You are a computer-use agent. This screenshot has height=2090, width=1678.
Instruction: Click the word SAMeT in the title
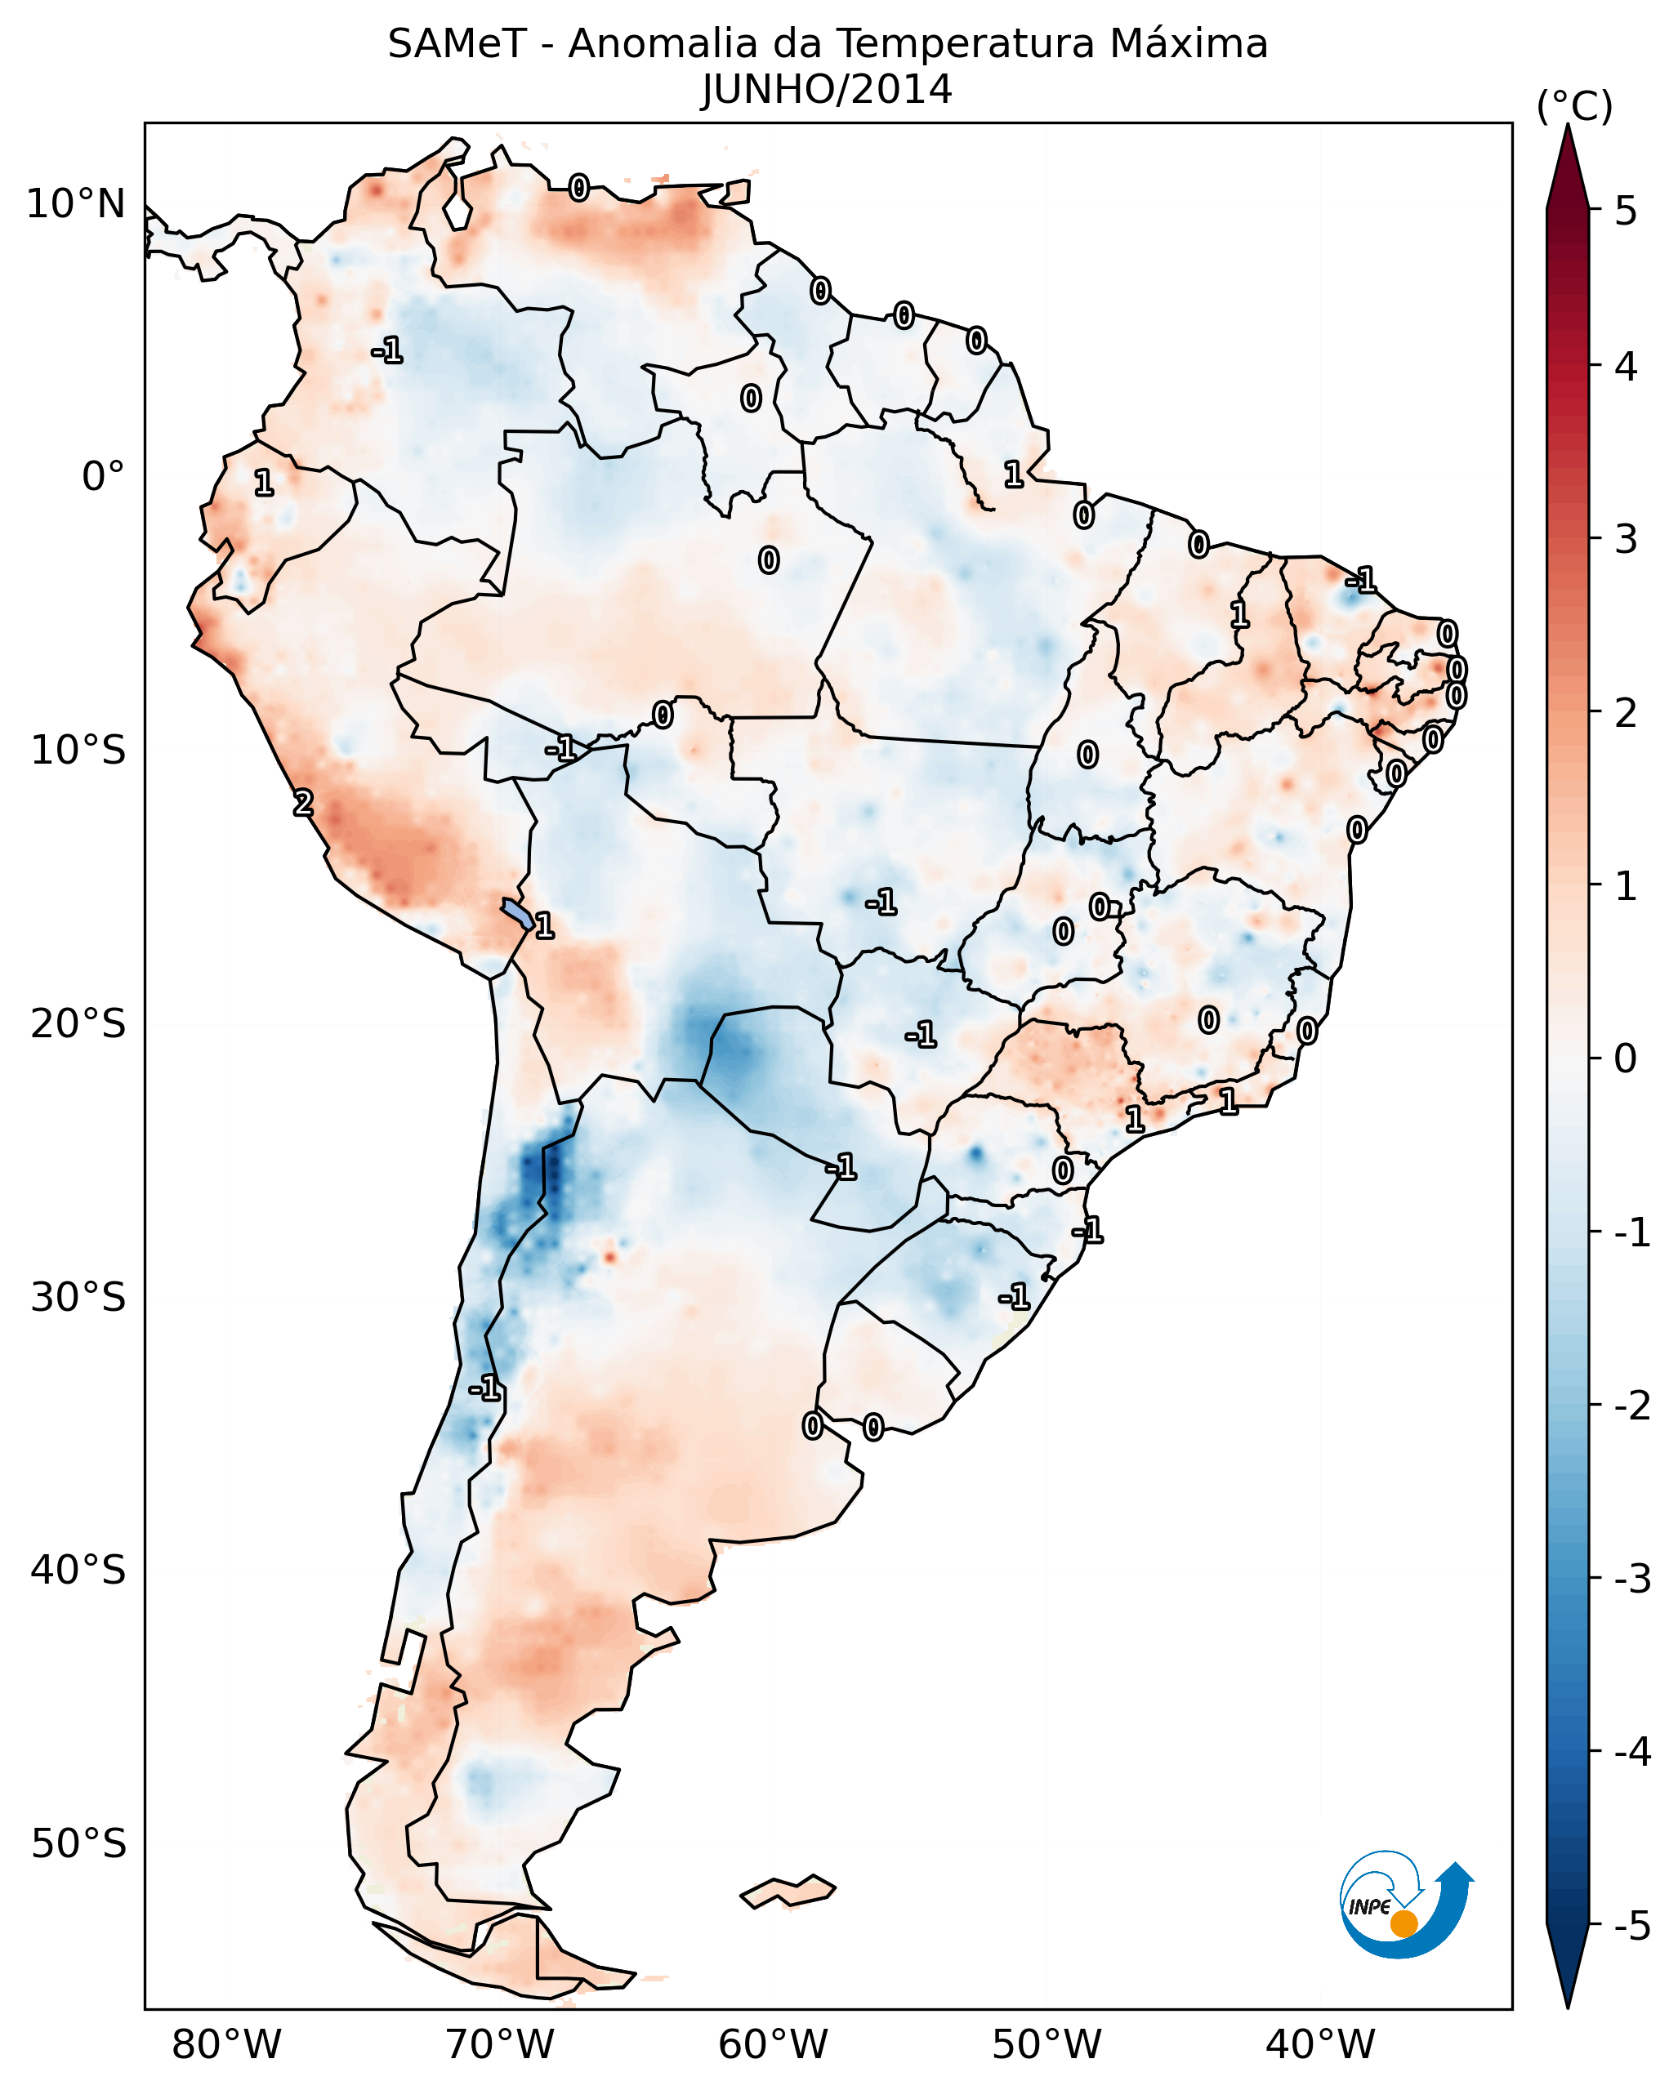(x=457, y=45)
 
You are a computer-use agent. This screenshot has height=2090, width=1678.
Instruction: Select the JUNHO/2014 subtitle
(x=827, y=90)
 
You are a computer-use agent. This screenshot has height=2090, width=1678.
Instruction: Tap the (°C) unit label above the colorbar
(x=1574, y=107)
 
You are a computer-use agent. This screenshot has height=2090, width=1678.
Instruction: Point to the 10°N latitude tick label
(x=76, y=204)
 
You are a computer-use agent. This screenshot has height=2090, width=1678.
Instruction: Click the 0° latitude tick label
(x=103, y=477)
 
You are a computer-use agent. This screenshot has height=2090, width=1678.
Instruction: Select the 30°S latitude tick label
(x=78, y=1297)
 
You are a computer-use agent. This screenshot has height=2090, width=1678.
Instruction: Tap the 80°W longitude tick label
(x=225, y=2044)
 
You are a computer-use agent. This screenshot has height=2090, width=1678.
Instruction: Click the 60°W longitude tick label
(x=773, y=2044)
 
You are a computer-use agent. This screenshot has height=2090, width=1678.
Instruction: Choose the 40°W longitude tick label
(x=1320, y=2044)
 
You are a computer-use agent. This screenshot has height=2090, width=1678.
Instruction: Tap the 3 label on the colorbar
(x=1626, y=540)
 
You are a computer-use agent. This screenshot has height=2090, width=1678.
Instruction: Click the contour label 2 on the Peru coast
(x=303, y=803)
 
